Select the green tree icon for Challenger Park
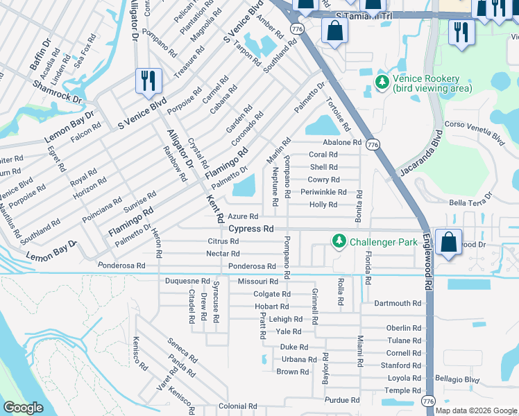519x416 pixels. click(x=339, y=241)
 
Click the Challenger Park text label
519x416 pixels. click(x=383, y=242)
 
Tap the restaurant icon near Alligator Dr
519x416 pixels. click(x=148, y=80)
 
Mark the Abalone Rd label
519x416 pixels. click(x=337, y=142)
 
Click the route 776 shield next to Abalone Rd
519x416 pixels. click(x=374, y=144)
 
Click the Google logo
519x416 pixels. click(x=24, y=408)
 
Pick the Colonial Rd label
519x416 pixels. click(x=237, y=406)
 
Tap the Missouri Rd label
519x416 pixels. click(x=257, y=281)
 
